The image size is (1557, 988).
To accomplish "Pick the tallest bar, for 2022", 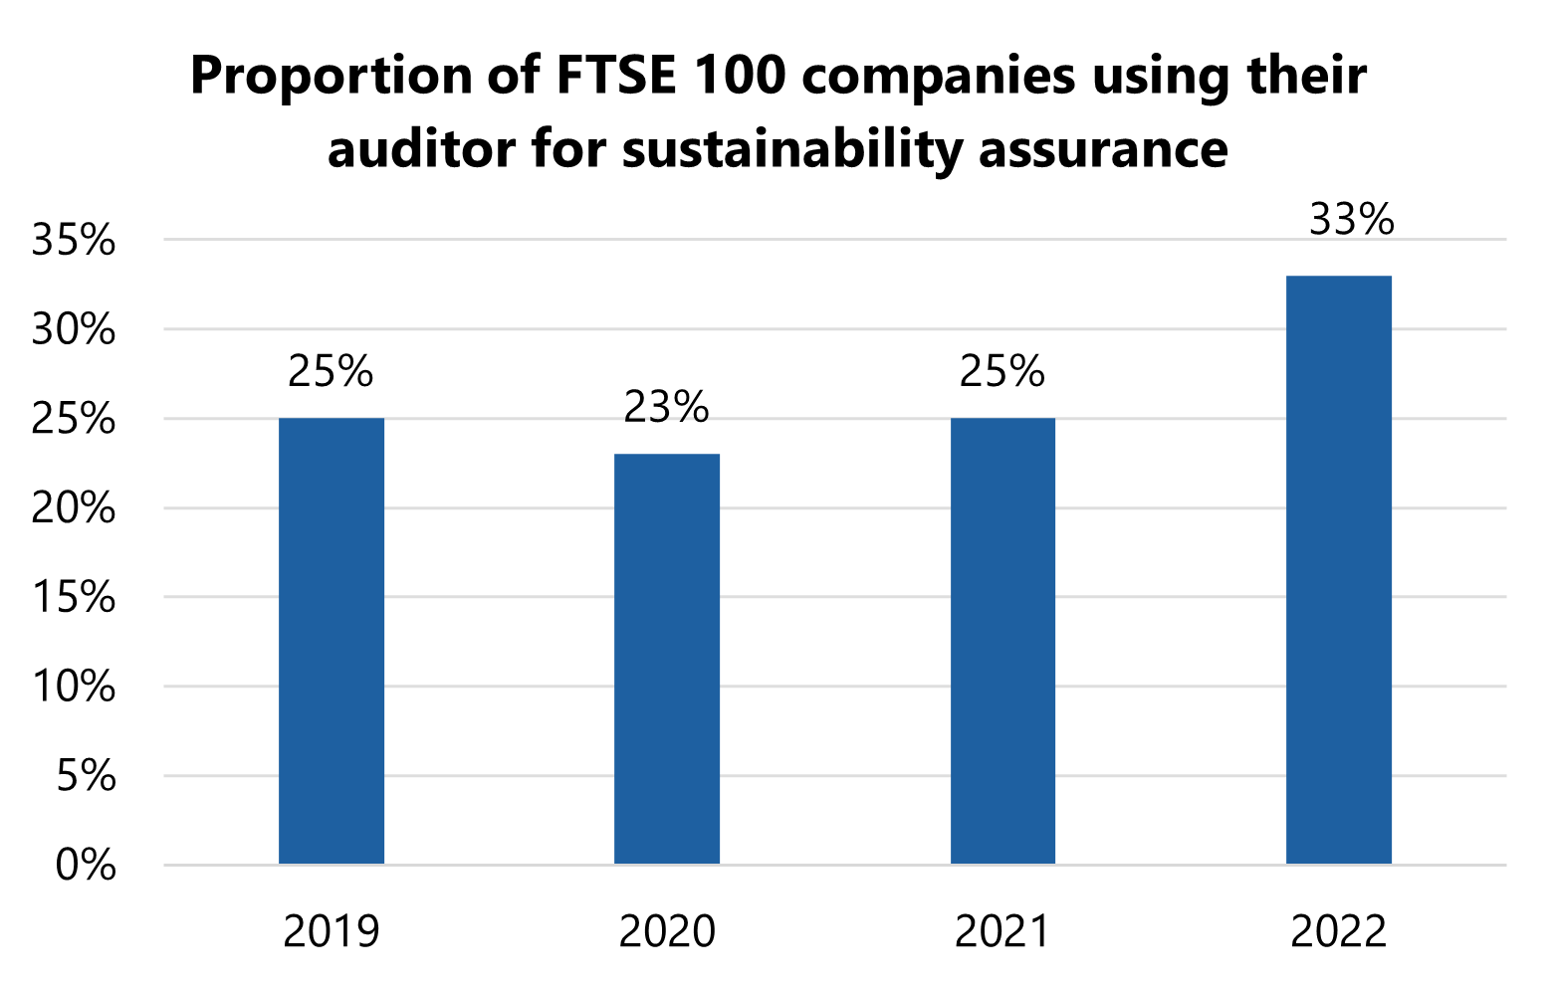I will coord(1338,569).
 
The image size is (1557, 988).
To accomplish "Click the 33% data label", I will coord(1351,220).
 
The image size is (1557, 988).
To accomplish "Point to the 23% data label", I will coord(666,407).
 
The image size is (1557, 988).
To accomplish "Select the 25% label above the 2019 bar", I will coord(331,371).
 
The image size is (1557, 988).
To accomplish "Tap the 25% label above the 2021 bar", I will coord(1002,371).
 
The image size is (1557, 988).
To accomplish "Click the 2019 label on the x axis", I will coord(331,932).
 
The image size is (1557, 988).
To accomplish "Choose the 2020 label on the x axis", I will coord(666,932).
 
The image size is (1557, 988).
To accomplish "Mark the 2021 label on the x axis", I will coord(1002,932).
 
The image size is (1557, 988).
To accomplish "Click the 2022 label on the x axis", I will coord(1338,932).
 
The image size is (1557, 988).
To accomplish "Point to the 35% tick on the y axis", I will coord(74,241).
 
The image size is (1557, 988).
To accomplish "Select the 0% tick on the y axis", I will coord(86,866).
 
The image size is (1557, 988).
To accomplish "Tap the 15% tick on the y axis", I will coord(74,598).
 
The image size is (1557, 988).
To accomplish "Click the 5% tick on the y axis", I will coord(86,776).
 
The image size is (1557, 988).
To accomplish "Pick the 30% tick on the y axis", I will coord(74,330).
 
